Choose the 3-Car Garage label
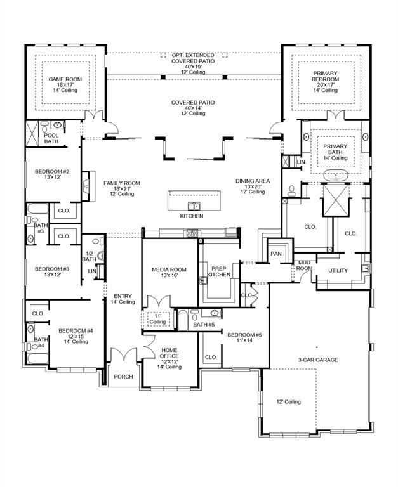(x=318, y=360)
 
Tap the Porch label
(x=123, y=377)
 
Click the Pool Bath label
(x=51, y=138)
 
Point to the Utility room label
(x=338, y=271)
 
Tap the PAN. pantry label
(x=277, y=254)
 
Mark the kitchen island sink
(x=194, y=205)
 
